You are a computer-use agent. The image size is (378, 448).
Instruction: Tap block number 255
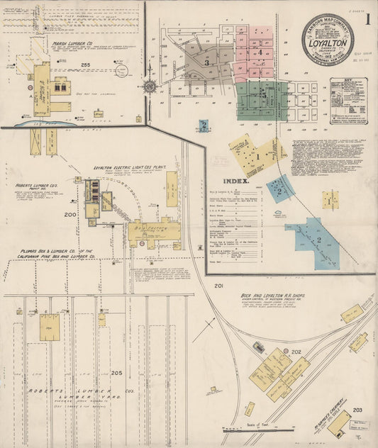[87, 65]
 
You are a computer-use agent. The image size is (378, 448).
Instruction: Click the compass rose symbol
[150, 86]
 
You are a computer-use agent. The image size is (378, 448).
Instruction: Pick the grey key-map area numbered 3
[206, 62]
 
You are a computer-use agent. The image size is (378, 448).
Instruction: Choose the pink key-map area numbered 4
[261, 51]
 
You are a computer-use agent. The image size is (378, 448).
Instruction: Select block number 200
[70, 214]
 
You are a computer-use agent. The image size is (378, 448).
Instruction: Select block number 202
[296, 352]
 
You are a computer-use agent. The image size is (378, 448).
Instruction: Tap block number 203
[357, 410]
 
